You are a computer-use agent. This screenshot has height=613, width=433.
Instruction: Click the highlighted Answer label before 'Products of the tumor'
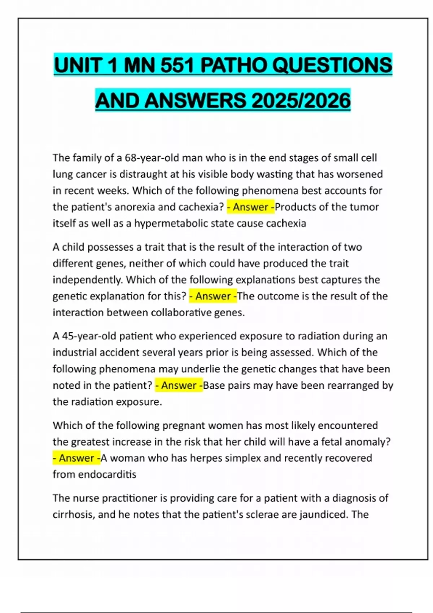[x=250, y=207]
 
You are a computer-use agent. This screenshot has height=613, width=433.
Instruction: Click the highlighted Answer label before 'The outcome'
[x=213, y=296]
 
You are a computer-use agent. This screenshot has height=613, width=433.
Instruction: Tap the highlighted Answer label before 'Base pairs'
[x=179, y=385]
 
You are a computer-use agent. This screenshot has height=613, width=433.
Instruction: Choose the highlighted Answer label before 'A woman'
[x=76, y=458]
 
